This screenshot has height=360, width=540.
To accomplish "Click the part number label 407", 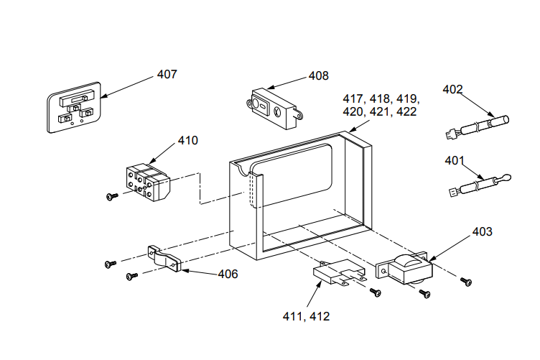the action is [167, 74].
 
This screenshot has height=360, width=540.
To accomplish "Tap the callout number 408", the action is [319, 75].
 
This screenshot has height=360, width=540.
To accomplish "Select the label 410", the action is [187, 140].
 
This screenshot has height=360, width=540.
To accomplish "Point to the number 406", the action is [228, 274].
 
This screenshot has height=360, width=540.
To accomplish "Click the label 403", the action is [482, 231].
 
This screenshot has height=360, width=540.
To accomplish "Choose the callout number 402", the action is [452, 89].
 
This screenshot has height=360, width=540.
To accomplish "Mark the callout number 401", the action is [455, 160].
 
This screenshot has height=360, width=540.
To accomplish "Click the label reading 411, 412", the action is [306, 316].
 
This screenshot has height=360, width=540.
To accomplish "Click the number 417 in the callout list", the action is [353, 99].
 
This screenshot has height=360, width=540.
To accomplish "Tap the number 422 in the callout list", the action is [406, 111].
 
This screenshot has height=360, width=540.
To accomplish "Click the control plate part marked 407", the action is [74, 107].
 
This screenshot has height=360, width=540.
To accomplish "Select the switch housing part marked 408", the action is [274, 109].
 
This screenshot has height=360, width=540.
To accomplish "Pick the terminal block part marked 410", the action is [148, 183].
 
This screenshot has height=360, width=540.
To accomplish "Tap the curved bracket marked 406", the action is [164, 259].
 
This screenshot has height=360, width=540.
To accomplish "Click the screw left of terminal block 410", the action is [112, 196].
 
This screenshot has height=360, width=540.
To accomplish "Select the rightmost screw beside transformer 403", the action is [466, 282].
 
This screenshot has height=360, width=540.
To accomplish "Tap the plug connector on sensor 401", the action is [455, 192].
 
